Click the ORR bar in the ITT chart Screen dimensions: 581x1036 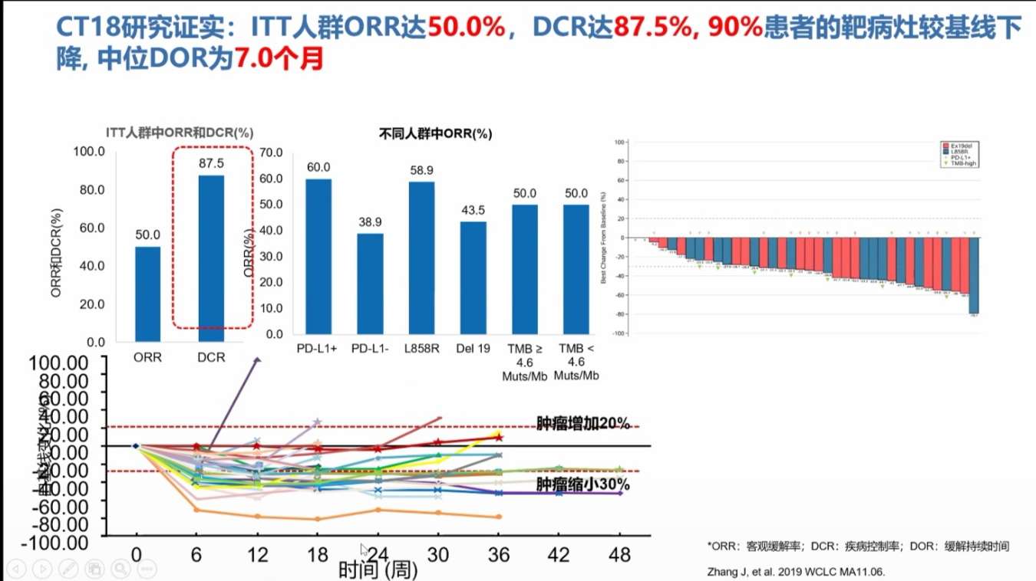point(147,294)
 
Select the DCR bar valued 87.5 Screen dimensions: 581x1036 point(211,258)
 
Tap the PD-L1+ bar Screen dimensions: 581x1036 point(318,256)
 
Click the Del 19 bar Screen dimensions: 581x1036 point(473,277)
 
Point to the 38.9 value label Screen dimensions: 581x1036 point(370,222)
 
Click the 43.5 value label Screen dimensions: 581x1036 point(473,210)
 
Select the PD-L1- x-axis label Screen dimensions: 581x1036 point(371,350)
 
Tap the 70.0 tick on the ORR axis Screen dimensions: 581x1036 point(270,152)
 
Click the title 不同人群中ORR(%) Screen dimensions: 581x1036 point(435,133)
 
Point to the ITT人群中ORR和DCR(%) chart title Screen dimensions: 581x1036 point(180,132)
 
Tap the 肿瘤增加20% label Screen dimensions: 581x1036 point(583,423)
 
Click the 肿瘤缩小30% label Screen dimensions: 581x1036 point(583,484)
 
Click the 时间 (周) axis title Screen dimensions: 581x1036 point(378,570)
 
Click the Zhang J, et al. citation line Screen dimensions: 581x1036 point(790,572)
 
